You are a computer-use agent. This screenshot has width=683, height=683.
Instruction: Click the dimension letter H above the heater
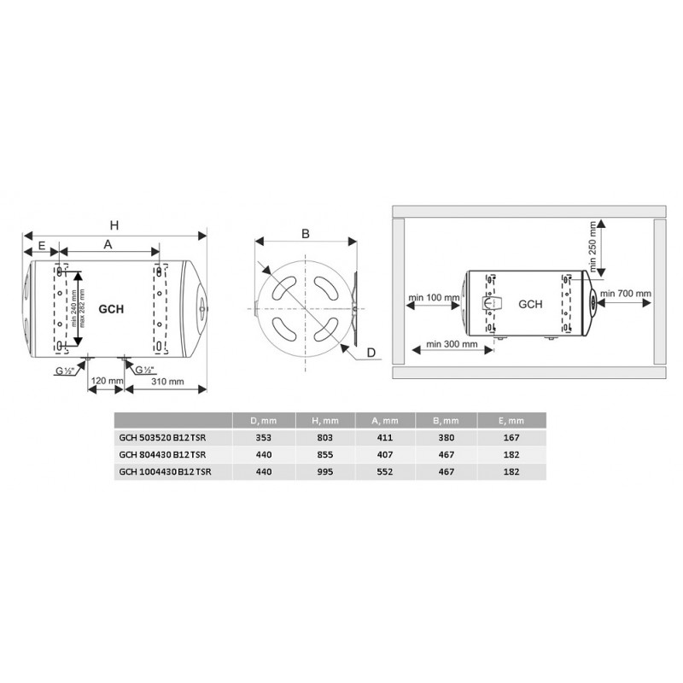click(x=114, y=225)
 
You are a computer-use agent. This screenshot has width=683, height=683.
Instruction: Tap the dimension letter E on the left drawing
click(x=42, y=246)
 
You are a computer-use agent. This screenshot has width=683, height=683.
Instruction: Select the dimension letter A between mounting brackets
click(x=108, y=244)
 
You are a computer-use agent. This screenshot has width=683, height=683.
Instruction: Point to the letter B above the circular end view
click(x=306, y=234)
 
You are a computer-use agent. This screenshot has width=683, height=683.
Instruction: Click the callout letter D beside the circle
click(x=371, y=353)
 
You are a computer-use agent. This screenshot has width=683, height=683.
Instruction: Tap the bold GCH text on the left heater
click(x=111, y=309)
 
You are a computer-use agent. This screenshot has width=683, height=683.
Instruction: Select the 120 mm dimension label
click(x=107, y=381)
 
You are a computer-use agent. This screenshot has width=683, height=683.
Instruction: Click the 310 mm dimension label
click(x=167, y=382)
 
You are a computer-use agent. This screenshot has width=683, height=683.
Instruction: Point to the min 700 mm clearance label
click(x=626, y=294)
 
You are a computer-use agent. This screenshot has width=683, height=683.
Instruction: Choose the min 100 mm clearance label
click(x=434, y=297)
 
